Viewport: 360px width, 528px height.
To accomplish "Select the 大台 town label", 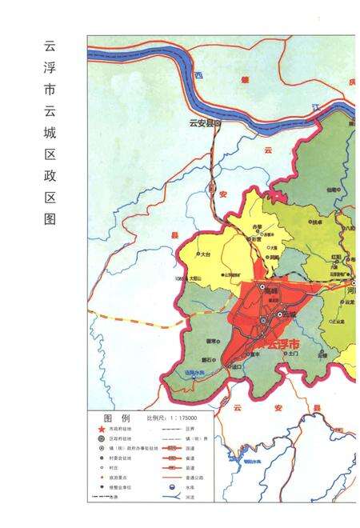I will click(x=205, y=254).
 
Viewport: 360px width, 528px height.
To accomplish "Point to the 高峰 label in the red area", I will click(x=271, y=294).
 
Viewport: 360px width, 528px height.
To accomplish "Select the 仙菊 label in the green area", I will click(x=331, y=190).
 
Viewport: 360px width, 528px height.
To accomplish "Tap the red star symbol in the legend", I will click(x=100, y=430).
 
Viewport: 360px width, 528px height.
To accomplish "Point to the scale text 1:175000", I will click(x=180, y=418).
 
